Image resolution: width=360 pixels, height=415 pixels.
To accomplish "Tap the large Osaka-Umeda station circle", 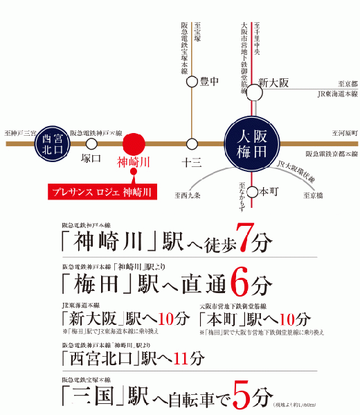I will pyautogui.click(x=251, y=142).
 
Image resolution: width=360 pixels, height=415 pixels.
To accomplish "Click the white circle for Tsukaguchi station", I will pyautogui.click(x=91, y=143).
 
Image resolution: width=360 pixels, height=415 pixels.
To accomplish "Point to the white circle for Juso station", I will pyautogui.click(x=192, y=143).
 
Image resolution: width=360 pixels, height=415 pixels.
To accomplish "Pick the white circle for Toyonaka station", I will pyautogui.click(x=192, y=82).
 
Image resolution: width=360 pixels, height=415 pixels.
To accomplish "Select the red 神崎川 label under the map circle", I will pyautogui.click(x=133, y=163).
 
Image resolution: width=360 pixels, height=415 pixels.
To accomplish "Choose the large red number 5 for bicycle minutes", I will pyautogui.click(x=240, y=396).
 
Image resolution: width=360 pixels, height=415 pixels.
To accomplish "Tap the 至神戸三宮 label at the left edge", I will pyautogui.click(x=19, y=132).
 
